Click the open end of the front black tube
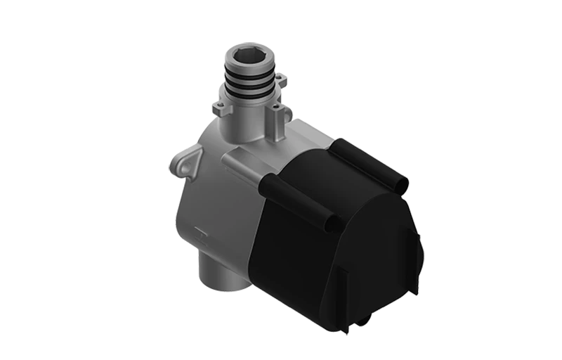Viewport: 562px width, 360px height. tap(332, 224)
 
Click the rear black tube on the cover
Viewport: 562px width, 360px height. tap(369, 161)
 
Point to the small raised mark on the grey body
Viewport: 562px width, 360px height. tap(200, 230)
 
